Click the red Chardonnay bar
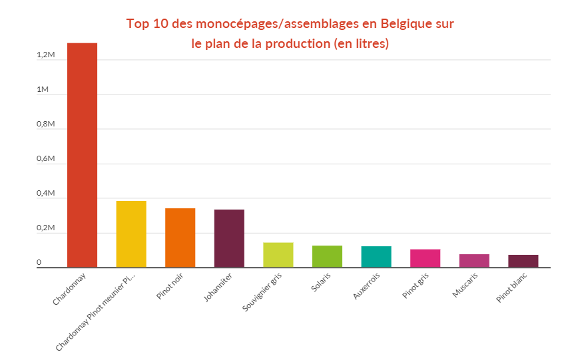click(82, 155)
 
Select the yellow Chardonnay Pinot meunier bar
click(131, 234)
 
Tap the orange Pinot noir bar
click(180, 238)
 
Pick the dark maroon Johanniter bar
click(229, 238)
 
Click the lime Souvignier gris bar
click(278, 255)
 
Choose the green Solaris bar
click(327, 256)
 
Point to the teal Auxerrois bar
click(376, 257)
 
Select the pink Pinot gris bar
click(425, 258)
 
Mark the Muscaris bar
click(474, 260)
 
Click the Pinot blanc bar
click(523, 261)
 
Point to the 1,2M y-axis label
click(45, 55)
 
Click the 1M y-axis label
click(43, 89)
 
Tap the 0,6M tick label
click(45, 158)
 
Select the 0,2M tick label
click(45, 228)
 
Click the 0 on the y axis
click(39, 263)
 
